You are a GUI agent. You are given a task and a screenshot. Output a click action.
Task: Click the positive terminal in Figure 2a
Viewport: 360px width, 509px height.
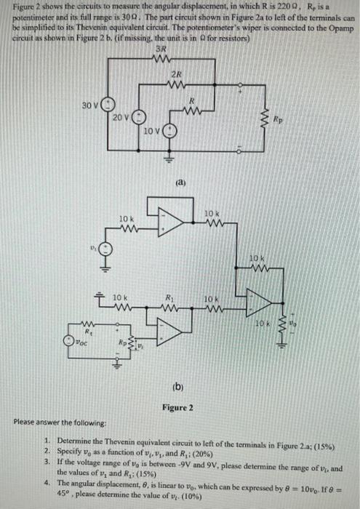[x=239, y=94]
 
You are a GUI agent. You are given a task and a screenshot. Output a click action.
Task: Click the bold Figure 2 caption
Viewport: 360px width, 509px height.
[x=177, y=408]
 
